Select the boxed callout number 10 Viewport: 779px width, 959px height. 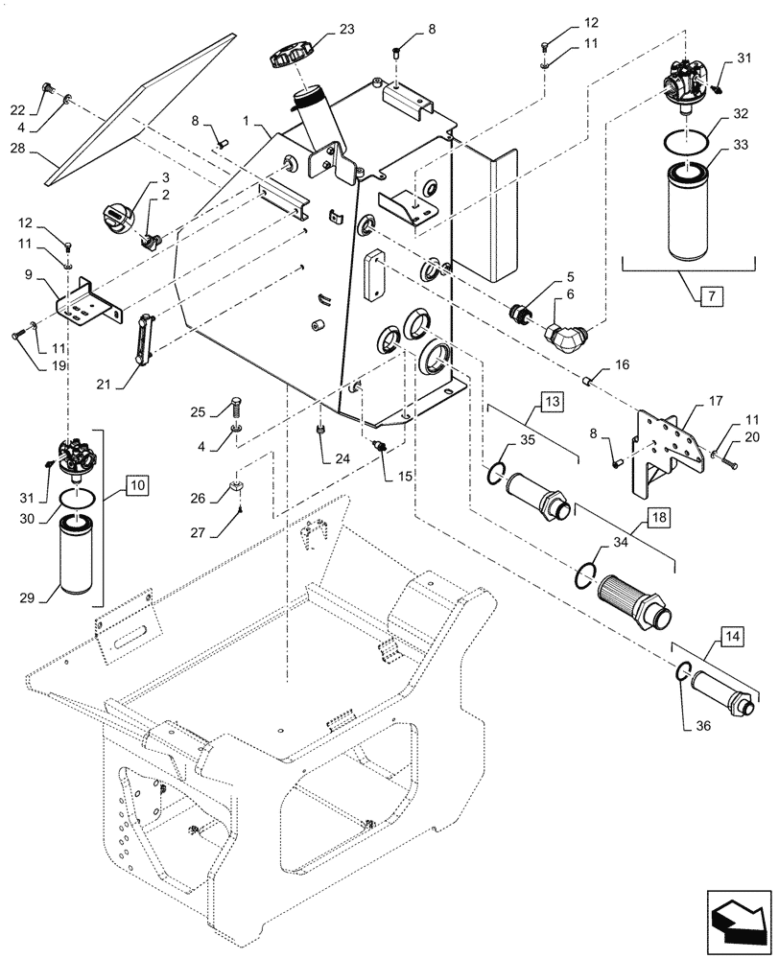tap(136, 487)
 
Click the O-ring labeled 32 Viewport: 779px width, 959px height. tap(688, 141)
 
